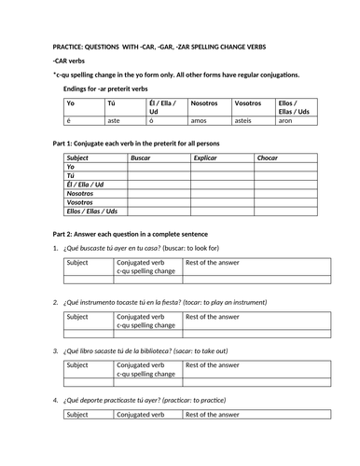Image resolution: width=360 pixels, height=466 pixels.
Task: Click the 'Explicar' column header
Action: (x=204, y=158)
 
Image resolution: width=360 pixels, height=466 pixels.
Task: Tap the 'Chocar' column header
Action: (x=268, y=158)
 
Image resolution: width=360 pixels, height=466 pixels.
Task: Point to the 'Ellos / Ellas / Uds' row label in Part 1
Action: (x=94, y=212)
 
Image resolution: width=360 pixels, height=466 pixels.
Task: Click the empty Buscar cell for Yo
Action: (x=157, y=167)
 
